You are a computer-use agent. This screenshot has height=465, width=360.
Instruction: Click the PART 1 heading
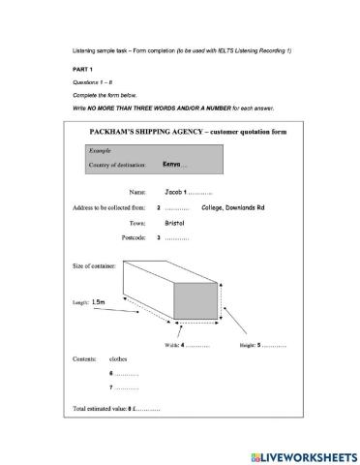coord(84,71)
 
